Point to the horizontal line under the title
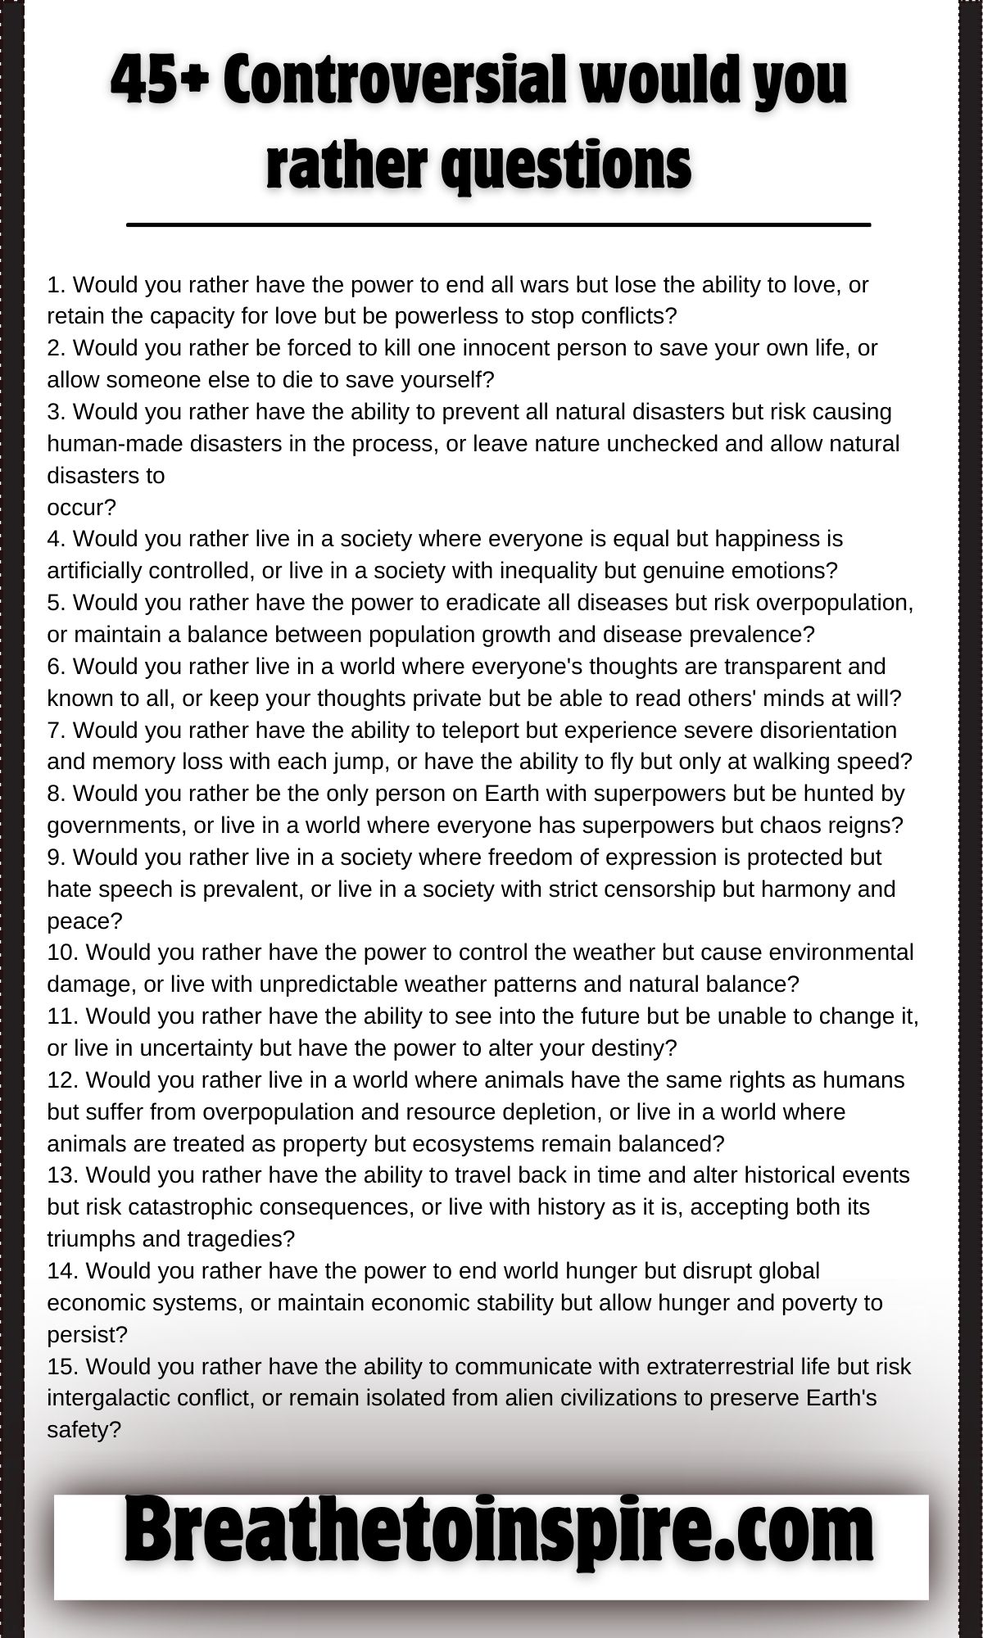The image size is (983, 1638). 498,224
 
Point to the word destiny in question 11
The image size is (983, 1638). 636,1048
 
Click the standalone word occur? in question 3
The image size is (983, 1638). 82,508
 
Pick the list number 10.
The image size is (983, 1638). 62,952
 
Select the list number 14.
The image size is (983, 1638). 62,1270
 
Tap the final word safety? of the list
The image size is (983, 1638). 84,1430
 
